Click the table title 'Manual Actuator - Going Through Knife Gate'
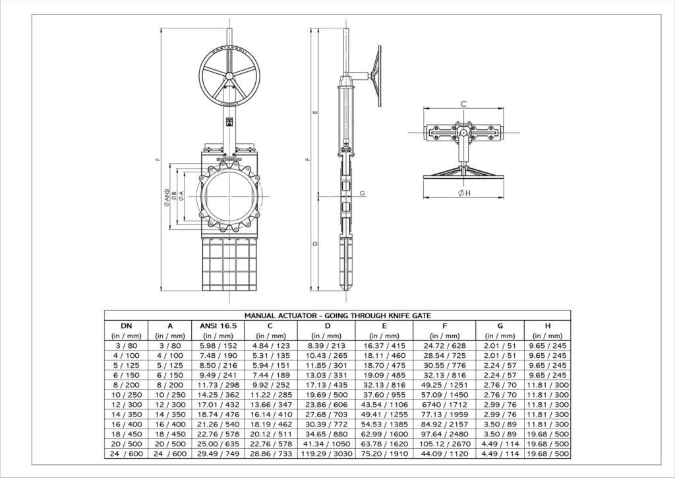[337, 316]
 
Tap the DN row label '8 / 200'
[125, 385]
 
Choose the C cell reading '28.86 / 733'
[271, 454]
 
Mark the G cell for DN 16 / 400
[500, 425]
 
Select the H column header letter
[547, 325]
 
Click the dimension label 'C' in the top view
[463, 104]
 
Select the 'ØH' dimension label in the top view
[463, 193]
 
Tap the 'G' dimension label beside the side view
[363, 193]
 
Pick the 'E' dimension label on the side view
[316, 112]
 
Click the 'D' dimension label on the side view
[316, 244]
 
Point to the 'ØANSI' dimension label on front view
[167, 196]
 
